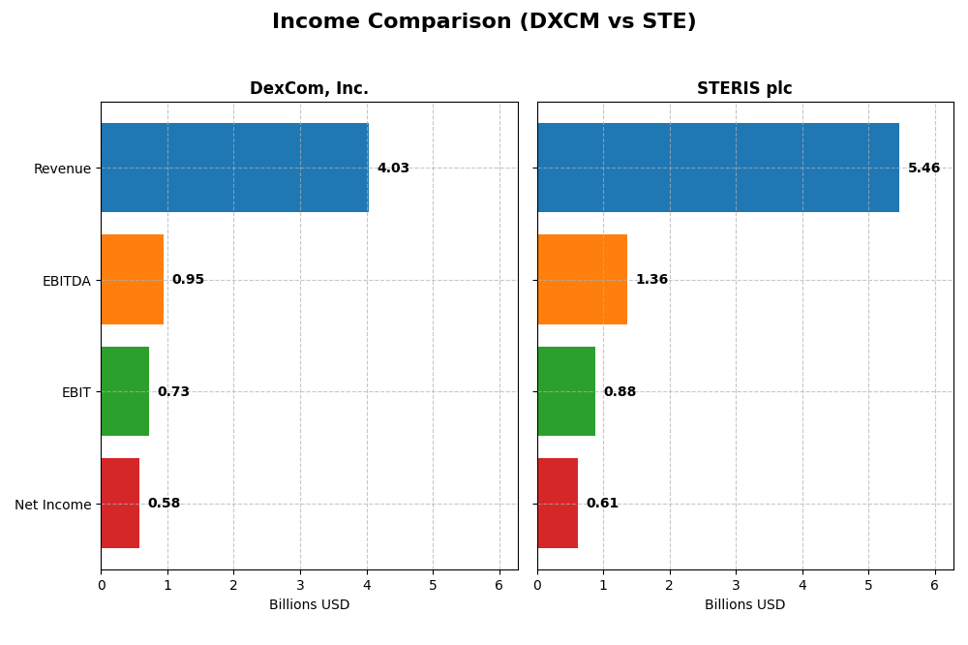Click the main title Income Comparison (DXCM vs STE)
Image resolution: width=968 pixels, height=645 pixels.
(x=484, y=22)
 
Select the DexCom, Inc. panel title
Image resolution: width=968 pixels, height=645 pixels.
(x=309, y=89)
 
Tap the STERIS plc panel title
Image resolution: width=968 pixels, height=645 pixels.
(x=744, y=89)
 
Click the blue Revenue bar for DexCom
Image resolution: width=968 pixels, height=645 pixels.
(x=234, y=168)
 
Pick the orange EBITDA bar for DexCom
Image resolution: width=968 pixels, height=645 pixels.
(x=133, y=280)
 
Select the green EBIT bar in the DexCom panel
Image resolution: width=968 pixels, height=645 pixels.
(x=125, y=391)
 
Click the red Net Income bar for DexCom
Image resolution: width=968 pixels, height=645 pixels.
(x=120, y=504)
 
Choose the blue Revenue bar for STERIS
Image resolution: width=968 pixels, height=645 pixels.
(x=717, y=168)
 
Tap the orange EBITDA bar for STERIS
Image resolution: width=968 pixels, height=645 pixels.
(x=582, y=280)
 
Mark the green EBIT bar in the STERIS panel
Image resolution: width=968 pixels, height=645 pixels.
(x=566, y=391)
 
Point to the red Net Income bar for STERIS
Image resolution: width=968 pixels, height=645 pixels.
(x=558, y=504)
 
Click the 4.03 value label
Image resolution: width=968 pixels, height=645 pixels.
(x=393, y=169)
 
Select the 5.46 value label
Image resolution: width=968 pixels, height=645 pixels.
(x=923, y=169)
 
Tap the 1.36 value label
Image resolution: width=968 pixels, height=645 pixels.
(x=651, y=280)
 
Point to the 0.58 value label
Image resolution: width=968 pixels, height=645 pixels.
(x=164, y=504)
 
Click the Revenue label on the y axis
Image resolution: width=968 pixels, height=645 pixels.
(x=62, y=169)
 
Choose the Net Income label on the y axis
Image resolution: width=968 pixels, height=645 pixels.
(x=52, y=505)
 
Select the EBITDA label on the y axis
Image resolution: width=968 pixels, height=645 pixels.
(x=66, y=281)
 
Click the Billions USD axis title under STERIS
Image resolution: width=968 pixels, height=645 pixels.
(x=744, y=605)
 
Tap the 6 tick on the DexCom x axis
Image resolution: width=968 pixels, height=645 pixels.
(x=499, y=586)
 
